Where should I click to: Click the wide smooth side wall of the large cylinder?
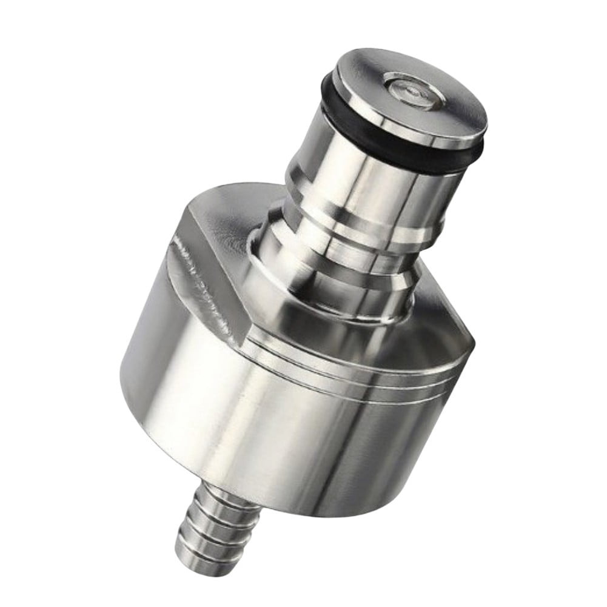(x=273, y=424)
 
